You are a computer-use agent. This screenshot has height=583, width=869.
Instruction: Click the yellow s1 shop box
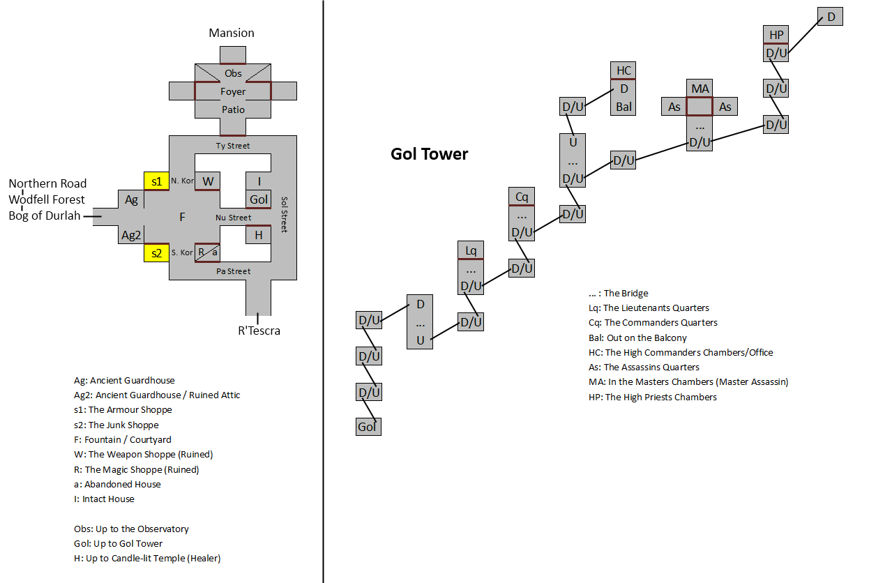[156, 181]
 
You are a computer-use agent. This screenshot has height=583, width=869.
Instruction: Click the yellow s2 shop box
[156, 252]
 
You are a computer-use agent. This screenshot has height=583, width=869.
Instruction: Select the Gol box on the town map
[259, 199]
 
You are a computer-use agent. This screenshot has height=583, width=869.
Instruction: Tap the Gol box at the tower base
[368, 427]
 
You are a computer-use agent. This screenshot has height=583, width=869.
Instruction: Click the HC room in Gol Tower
[624, 70]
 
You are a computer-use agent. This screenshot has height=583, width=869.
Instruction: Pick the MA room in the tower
[700, 89]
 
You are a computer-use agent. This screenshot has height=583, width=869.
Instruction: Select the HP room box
[776, 35]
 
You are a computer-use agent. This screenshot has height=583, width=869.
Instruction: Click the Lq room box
[471, 250]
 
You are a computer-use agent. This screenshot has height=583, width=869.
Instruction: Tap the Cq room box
[522, 197]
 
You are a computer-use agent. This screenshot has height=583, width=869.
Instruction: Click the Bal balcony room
[624, 107]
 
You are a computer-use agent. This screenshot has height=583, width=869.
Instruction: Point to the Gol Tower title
[429, 154]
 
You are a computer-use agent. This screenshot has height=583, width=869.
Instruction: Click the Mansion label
[232, 33]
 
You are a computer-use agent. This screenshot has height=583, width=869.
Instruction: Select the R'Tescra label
[259, 331]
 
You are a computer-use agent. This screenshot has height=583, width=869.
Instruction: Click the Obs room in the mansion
[233, 73]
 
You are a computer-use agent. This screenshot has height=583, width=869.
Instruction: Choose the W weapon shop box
[207, 181]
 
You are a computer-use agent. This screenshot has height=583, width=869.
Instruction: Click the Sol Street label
[284, 213]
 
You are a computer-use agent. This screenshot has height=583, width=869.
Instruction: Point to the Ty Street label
[233, 146]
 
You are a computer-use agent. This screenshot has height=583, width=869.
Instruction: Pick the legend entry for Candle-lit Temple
[147, 558]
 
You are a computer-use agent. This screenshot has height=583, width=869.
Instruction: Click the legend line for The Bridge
[618, 294]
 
